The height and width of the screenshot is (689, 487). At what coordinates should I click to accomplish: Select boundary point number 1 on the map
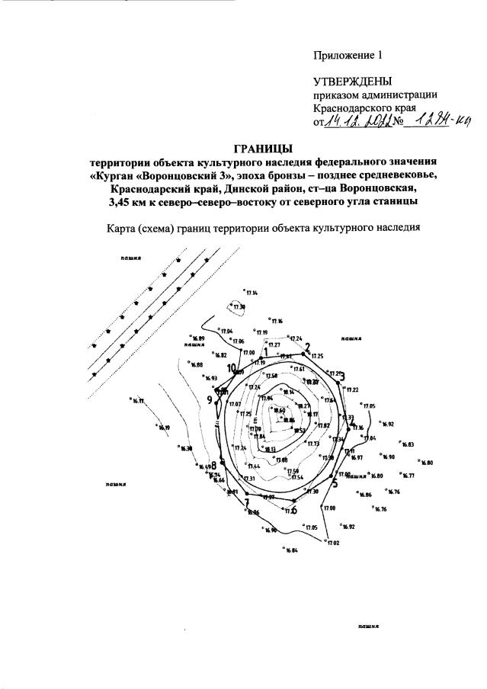[264, 352]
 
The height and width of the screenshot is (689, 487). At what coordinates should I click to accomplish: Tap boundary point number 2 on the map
[308, 348]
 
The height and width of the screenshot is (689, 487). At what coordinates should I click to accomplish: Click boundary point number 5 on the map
[334, 481]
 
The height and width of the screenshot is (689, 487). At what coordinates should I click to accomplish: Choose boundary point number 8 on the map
[214, 466]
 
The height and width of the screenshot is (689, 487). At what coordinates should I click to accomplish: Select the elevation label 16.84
[293, 550]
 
